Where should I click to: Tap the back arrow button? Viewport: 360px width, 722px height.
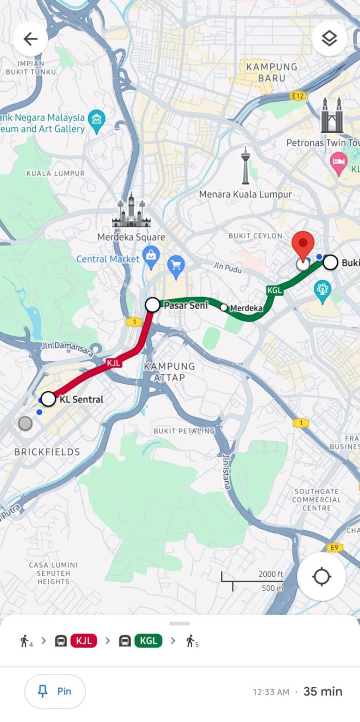coord(30,39)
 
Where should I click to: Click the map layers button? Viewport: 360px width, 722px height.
coord(330,39)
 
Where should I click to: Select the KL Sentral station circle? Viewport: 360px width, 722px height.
coord(48,399)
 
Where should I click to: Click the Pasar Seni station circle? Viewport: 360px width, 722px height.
coord(152,305)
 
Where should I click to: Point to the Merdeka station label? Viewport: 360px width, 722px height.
coord(247,308)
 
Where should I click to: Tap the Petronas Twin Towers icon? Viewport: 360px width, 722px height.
coord(332,115)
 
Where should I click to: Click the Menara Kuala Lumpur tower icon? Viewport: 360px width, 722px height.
coord(245,166)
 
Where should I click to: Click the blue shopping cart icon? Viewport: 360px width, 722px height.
coord(176,265)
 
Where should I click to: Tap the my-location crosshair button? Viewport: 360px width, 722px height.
coord(322,576)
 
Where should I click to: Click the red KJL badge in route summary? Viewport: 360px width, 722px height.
coord(84,640)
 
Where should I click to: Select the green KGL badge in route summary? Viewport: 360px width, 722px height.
coord(148,640)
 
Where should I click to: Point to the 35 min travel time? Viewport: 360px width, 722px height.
coord(322,691)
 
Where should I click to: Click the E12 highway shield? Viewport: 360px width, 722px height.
coord(298,96)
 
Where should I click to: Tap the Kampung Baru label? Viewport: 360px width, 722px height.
coord(271,72)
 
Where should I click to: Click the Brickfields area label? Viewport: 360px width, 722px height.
coord(47,452)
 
